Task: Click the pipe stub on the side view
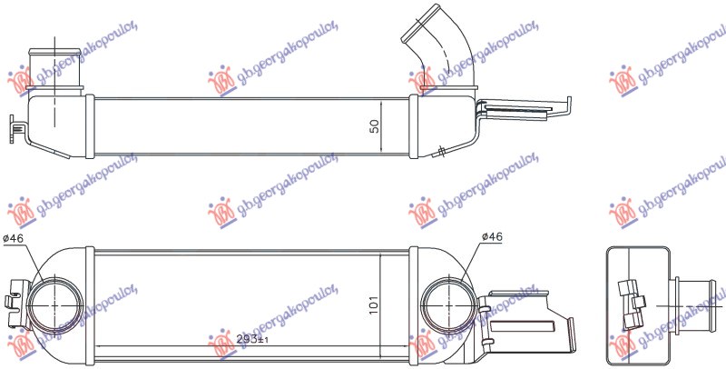coord(698,297)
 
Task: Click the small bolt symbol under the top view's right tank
coord(440,150)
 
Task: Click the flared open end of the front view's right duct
coord(568,330)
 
